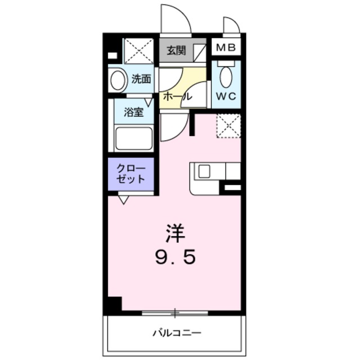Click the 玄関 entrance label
coord(175,51)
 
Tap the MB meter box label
coord(226,47)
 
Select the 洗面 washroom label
coord(141,79)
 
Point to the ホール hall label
coord(176,97)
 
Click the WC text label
coord(226,96)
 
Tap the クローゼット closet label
coord(130,174)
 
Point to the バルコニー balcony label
coord(177,333)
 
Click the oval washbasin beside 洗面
coord(118,80)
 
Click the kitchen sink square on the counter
coord(204,170)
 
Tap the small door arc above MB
coord(231,26)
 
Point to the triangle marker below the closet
coord(124,199)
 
